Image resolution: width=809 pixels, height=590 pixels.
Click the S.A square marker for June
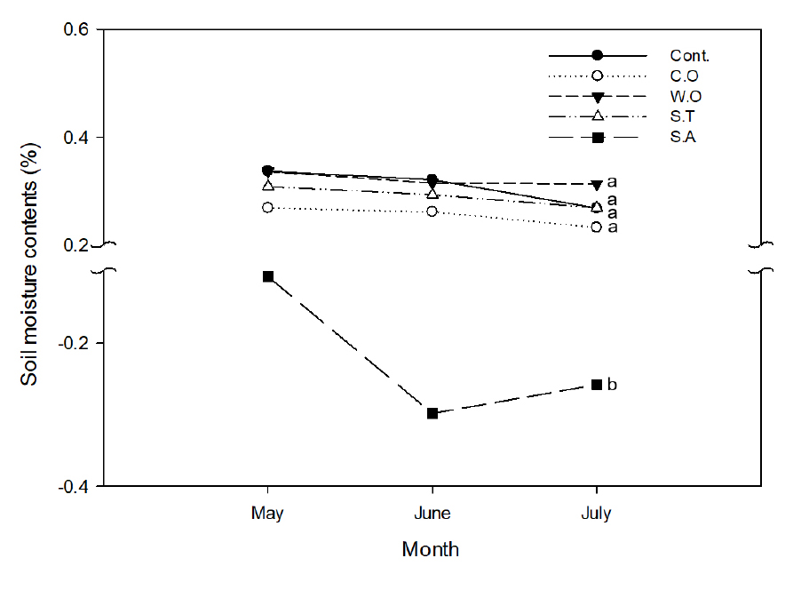(432, 413)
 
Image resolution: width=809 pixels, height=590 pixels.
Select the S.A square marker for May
(268, 276)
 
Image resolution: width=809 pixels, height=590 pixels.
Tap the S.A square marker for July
(597, 384)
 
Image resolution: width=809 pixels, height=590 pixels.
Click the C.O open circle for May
(268, 207)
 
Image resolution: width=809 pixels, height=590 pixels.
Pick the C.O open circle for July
(597, 227)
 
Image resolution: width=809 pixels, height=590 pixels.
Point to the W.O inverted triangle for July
(597, 185)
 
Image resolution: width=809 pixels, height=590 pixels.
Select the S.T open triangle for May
(268, 186)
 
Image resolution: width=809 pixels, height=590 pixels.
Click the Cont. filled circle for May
(268, 171)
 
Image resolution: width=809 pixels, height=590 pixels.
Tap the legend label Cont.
(689, 56)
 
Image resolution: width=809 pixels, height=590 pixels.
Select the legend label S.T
(686, 116)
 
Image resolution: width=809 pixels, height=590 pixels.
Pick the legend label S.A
(686, 137)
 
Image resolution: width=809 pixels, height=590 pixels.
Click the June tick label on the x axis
(432, 514)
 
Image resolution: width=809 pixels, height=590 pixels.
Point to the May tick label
(268, 514)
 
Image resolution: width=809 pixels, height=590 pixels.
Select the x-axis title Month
(431, 549)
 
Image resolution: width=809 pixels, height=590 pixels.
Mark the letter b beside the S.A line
(612, 384)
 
